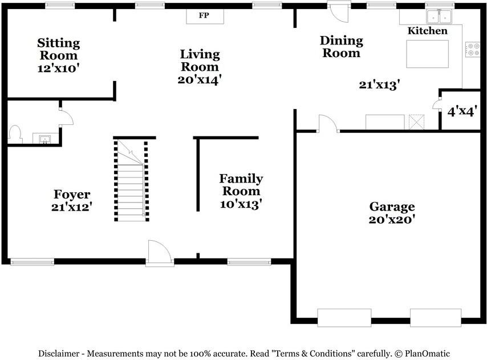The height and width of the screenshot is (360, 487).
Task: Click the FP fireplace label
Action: click(204, 15)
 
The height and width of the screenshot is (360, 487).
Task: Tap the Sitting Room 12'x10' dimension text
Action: click(59, 68)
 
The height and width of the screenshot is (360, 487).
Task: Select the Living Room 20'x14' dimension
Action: click(200, 79)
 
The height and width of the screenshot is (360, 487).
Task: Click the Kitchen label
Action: click(427, 30)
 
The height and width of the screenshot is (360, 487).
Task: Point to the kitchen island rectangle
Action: click(427, 54)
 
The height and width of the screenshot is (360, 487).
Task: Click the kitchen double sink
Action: click(439, 17)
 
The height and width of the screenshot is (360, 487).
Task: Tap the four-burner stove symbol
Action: click(472, 50)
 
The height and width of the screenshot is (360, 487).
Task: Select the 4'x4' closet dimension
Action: click(462, 111)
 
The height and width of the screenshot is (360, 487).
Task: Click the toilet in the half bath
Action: click(15, 134)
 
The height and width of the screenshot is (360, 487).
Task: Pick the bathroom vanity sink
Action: click(46, 138)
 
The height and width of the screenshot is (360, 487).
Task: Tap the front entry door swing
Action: click(160, 253)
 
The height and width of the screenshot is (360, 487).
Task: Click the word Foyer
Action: click(72, 194)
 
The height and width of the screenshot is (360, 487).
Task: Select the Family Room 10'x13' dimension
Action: click(241, 204)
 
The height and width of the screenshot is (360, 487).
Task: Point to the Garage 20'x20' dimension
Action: click(392, 219)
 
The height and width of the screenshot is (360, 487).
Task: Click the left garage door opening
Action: click(344, 317)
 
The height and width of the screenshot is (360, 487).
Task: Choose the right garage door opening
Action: click(436, 317)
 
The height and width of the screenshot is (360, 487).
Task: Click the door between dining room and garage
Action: click(328, 124)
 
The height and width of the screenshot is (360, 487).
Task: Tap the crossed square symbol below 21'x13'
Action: click(416, 122)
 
